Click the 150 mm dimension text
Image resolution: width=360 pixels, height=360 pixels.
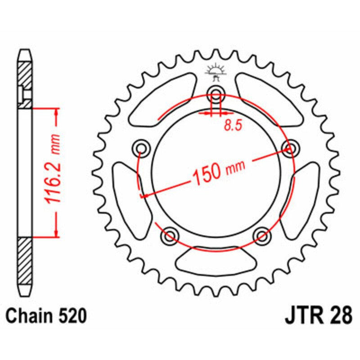click(219, 171)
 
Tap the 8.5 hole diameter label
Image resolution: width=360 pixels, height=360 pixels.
click(233, 126)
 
